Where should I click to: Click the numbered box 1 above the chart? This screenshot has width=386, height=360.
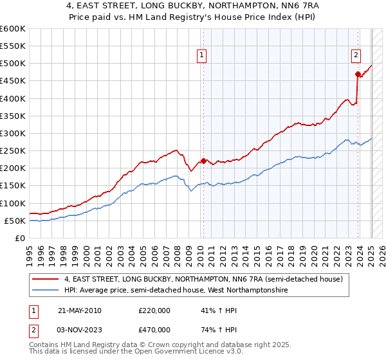coord(202,56)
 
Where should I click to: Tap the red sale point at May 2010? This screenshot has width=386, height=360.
coord(203,161)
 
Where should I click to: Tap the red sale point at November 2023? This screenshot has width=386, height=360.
coord(358,74)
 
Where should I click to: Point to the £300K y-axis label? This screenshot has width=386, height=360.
coord(13,134)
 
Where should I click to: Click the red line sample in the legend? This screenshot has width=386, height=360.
coord(46,280)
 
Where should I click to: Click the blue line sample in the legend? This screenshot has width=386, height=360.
coord(46,291)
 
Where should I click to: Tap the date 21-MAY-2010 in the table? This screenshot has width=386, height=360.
coord(79,310)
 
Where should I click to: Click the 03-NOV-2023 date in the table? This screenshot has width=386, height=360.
coord(79,330)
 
